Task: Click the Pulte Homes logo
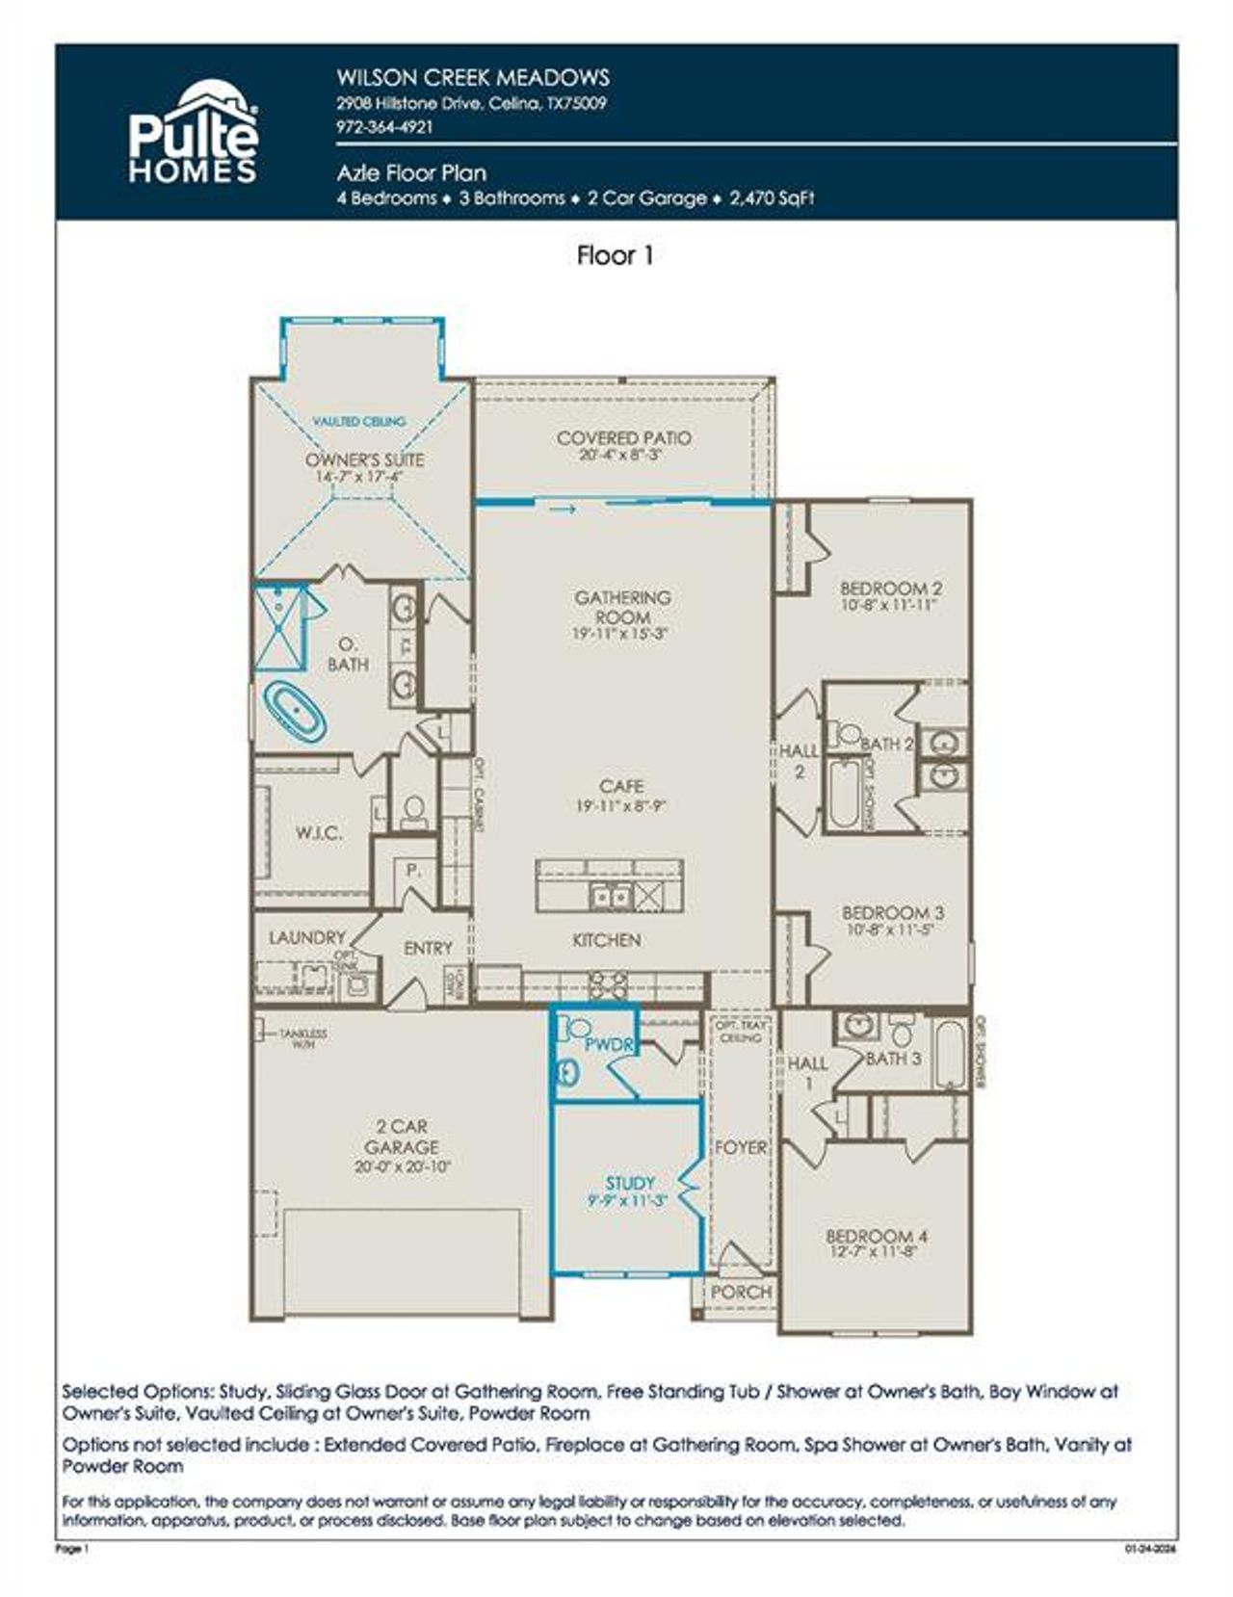click(194, 133)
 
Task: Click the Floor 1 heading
click(616, 255)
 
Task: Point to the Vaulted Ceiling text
click(359, 421)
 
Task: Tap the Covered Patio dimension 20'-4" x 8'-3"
click(623, 455)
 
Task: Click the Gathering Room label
click(622, 607)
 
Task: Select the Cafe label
click(621, 786)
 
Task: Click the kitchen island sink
click(610, 897)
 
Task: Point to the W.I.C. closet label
click(319, 833)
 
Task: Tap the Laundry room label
click(306, 937)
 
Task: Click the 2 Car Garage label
click(402, 1137)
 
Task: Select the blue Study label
click(630, 1183)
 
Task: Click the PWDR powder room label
click(607, 1044)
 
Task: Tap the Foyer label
click(740, 1147)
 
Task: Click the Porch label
click(740, 1292)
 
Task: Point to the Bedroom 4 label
click(877, 1236)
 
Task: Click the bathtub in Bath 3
click(949, 1054)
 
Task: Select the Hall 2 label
click(799, 760)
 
